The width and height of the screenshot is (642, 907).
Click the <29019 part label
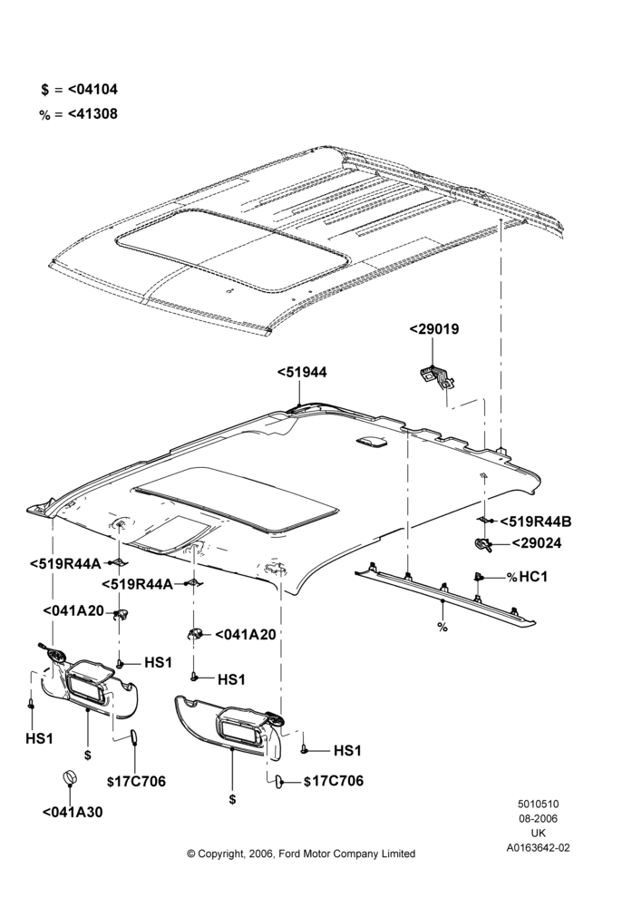(433, 329)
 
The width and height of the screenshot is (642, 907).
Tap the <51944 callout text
(302, 373)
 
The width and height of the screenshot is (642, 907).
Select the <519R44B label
(536, 522)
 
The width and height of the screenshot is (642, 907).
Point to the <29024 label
(536, 543)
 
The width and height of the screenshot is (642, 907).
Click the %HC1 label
(526, 577)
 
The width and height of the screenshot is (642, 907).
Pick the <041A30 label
(73, 812)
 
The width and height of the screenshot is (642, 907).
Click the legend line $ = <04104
(79, 90)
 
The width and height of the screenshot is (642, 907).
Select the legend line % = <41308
(78, 114)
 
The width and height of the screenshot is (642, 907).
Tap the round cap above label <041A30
(70, 778)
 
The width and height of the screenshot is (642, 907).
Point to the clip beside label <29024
(481, 544)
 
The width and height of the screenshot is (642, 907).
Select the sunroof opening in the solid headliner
(237, 499)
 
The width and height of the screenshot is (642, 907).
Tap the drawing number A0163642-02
(538, 848)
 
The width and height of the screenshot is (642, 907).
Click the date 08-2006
(539, 818)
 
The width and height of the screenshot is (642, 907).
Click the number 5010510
(539, 804)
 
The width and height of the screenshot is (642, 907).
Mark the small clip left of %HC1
(478, 576)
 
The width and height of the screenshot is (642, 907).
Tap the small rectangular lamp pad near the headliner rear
(373, 442)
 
